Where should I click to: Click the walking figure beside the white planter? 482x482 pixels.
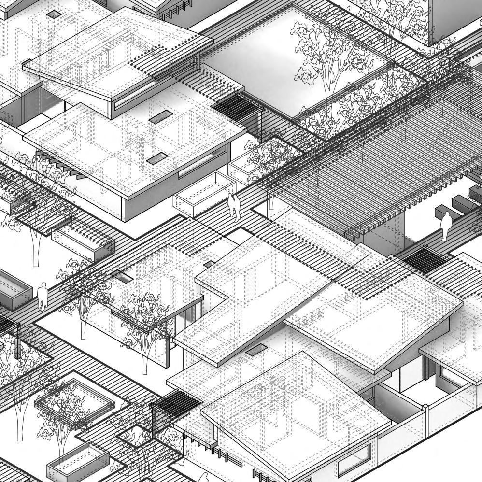point(233,205)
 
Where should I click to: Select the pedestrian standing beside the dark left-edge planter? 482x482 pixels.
point(43,296)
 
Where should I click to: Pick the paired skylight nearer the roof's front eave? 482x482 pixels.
point(158,157)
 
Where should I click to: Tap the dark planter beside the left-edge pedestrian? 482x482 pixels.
point(12,290)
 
